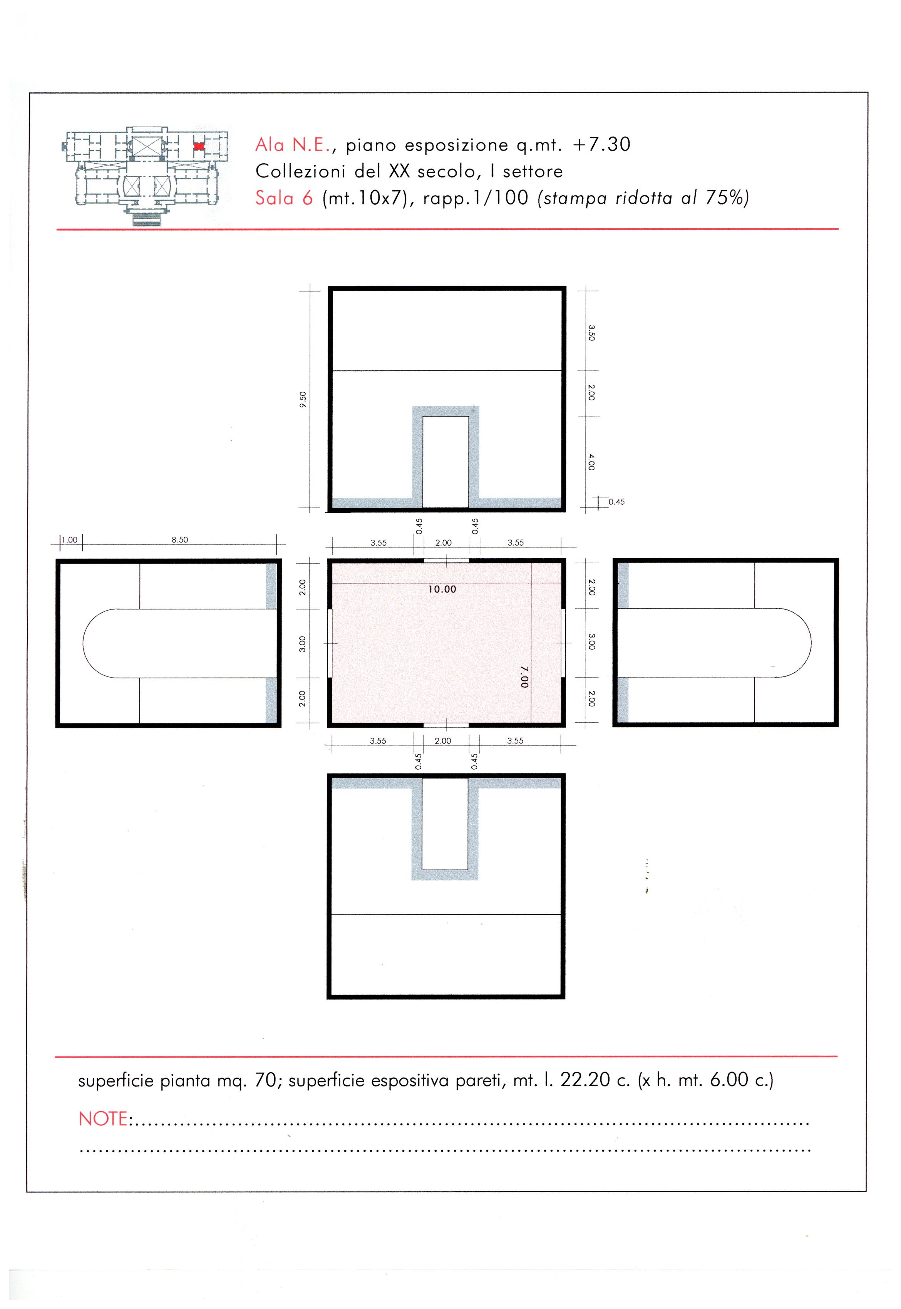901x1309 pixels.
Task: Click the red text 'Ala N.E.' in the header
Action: tap(293, 146)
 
